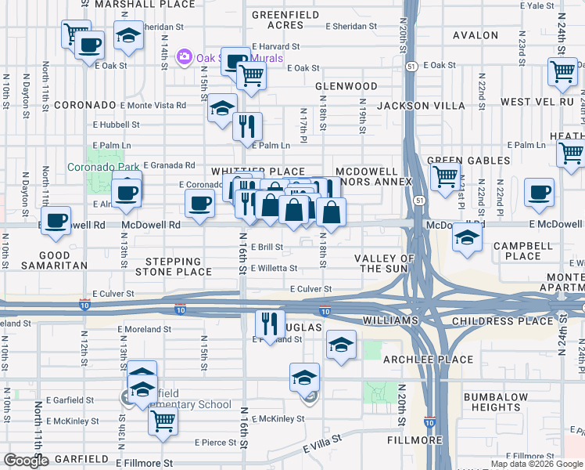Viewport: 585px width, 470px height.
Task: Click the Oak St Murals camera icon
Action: coord(185,56)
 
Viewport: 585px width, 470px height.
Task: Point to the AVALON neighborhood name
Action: coord(476,35)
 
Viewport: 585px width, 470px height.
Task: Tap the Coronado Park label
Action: coord(101,167)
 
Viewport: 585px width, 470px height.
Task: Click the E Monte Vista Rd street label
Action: coord(153,105)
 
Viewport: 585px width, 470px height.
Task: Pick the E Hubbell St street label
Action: coord(116,125)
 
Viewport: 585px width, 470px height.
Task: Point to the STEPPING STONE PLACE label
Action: coord(174,266)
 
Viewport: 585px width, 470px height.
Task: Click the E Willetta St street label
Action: coord(274,268)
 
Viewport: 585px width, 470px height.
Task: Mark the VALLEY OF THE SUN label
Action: coord(384,263)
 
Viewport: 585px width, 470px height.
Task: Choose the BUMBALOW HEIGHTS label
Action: coord(497,402)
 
